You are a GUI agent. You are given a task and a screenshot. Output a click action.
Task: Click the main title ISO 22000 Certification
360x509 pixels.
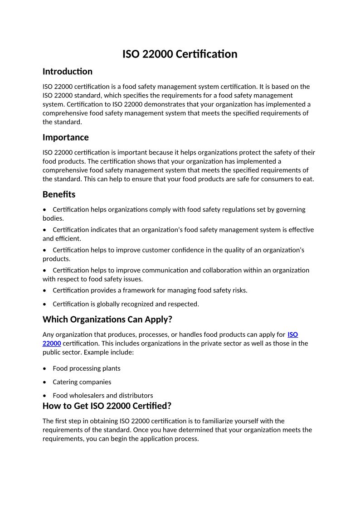click(x=180, y=54)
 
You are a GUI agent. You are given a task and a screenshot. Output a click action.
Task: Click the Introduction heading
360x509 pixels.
click(x=67, y=72)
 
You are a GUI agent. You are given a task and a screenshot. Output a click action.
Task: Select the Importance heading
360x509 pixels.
click(x=65, y=137)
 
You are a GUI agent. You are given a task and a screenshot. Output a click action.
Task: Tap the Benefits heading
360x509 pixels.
click(x=59, y=194)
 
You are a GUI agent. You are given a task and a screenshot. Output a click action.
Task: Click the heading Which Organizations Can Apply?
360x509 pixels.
click(x=107, y=320)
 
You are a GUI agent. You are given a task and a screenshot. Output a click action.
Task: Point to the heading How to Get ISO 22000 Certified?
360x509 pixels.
click(x=107, y=406)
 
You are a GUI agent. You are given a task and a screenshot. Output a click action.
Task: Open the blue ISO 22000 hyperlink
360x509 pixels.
click(x=292, y=335)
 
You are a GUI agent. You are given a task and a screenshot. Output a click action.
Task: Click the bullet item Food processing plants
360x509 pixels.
click(x=86, y=368)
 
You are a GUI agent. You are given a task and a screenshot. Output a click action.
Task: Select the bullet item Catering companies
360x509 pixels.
click(x=82, y=382)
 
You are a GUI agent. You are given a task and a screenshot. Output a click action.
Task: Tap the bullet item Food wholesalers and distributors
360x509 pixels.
click(x=102, y=396)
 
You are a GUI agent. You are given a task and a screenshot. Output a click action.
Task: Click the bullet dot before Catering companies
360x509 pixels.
click(x=44, y=382)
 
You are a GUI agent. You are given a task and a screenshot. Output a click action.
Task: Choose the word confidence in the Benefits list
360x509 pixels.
click(x=190, y=250)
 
